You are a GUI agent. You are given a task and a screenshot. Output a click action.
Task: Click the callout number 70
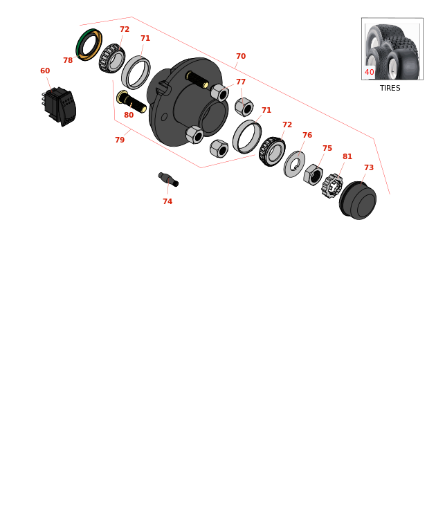pos(241,57)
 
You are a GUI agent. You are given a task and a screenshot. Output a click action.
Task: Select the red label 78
pos(68,61)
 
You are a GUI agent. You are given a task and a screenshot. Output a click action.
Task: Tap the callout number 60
pos(45,71)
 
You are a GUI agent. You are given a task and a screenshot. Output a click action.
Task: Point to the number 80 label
pos(129,116)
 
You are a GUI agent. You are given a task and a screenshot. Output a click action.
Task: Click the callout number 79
pos(120,140)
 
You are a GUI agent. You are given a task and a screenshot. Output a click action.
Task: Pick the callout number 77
pos(241,82)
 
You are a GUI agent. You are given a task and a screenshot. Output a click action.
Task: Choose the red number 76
pos(307,136)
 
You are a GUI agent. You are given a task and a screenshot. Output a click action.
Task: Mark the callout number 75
pos(327,149)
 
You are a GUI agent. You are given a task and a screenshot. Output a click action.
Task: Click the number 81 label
pos(347,157)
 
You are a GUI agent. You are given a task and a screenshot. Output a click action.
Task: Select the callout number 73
pos(369,168)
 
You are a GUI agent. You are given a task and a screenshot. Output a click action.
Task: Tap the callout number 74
pos(167,202)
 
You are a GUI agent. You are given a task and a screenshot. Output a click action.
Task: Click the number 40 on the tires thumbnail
pos(370,73)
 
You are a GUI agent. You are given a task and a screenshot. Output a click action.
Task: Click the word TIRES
pos(390,89)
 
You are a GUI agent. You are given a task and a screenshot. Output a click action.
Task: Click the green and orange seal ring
pos(89,44)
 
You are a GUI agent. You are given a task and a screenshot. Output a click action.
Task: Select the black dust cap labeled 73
pos(358,201)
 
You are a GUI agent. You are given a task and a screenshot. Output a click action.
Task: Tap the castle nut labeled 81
pos(332,185)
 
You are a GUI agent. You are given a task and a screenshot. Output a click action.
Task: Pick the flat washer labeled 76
pos(294,164)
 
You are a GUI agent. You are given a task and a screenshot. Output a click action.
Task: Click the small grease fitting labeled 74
pos(168,179)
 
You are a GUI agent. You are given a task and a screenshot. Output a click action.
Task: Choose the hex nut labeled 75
pos(313,174)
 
